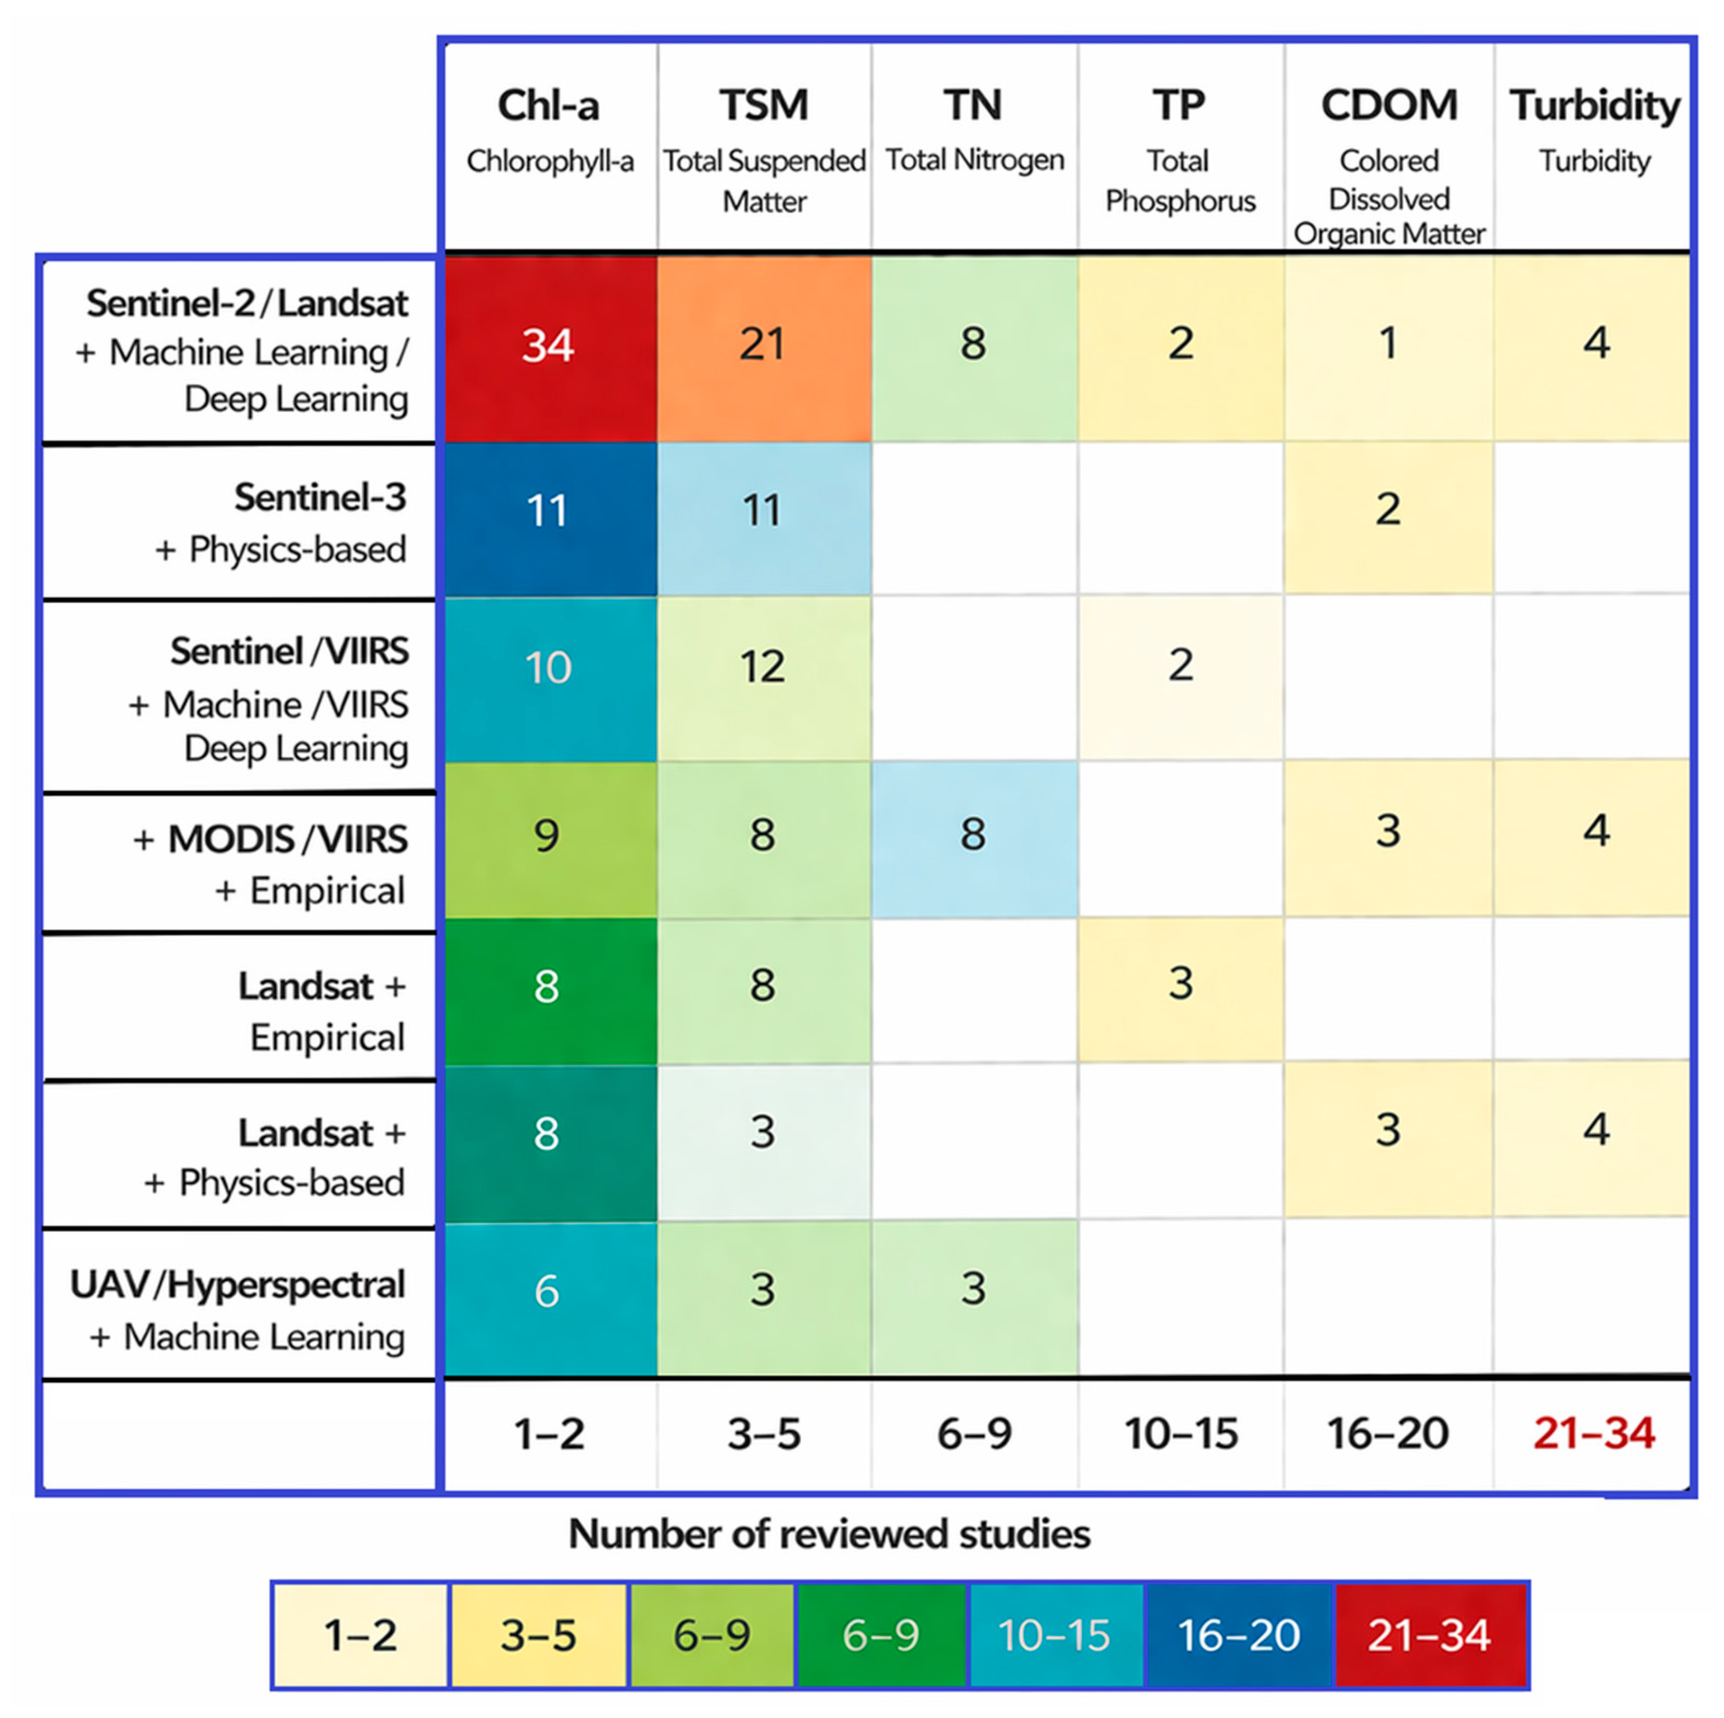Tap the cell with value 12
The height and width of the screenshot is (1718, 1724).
764,678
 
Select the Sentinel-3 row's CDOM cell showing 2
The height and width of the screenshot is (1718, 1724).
1389,518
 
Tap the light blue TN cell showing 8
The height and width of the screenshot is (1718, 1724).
974,839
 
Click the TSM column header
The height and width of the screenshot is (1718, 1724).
764,148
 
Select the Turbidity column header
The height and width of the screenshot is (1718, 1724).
1595,130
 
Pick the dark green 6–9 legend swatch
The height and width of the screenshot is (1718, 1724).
882,1635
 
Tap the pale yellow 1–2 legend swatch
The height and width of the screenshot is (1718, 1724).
360,1635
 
